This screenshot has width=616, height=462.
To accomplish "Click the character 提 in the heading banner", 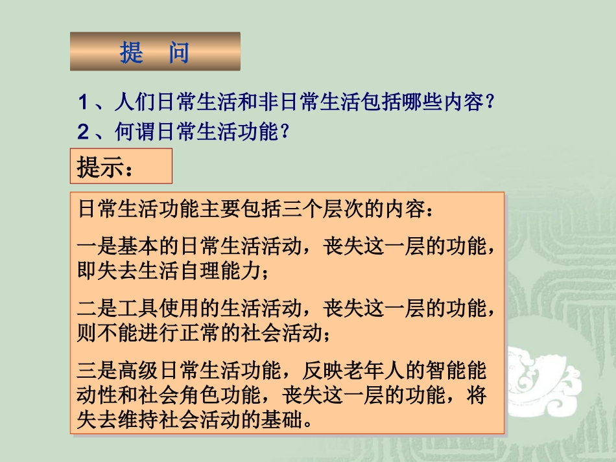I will click(x=132, y=52).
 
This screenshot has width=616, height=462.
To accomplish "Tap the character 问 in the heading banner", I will click(x=179, y=52).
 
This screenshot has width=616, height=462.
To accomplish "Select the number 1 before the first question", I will click(x=83, y=102).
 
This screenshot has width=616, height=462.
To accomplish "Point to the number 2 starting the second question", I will click(x=83, y=133).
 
